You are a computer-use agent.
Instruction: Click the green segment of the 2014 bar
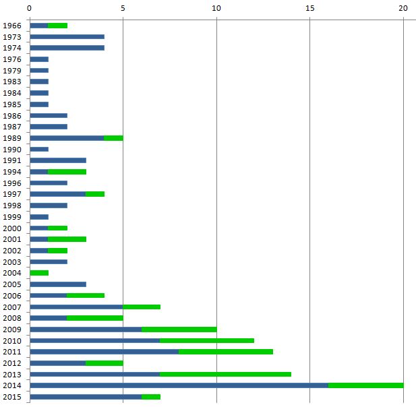(365, 385)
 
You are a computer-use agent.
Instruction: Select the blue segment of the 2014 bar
(179, 385)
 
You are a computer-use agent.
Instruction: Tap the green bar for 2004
(39, 273)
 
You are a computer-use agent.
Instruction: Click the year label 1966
(12, 26)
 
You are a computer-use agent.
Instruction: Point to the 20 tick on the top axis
(403, 8)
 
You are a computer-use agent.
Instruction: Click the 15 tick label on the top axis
(309, 8)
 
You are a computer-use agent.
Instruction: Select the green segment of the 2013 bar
(225, 374)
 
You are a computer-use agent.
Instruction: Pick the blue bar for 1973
(67, 37)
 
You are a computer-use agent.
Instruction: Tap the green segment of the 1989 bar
(113, 138)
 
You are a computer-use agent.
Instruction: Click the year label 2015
(12, 397)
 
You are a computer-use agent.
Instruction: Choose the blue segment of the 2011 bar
(104, 352)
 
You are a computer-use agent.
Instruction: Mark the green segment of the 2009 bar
(179, 330)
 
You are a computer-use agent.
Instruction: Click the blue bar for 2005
(57, 284)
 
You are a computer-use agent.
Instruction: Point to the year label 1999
(12, 217)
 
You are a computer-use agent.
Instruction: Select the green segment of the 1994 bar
(67, 172)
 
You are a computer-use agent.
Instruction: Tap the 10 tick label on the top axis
(216, 8)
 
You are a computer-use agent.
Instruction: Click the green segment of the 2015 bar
(150, 397)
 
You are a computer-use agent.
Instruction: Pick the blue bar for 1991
(57, 160)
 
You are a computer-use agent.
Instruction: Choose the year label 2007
(12, 307)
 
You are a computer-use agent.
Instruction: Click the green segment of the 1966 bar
(57, 26)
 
